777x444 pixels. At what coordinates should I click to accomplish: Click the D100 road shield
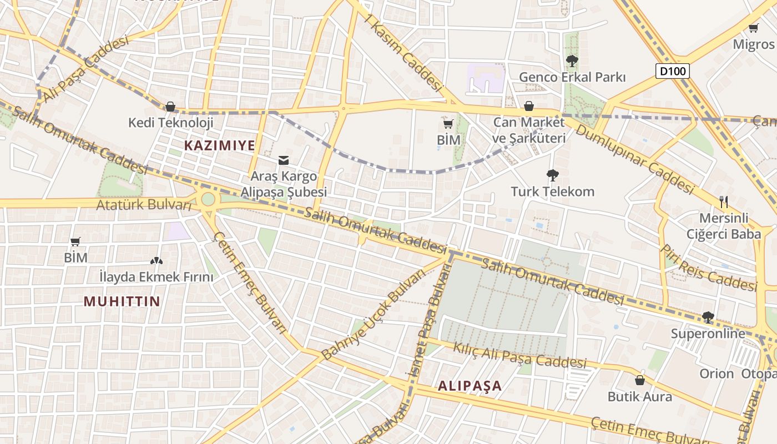tap(673, 71)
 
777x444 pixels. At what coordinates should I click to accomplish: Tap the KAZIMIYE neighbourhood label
tap(219, 145)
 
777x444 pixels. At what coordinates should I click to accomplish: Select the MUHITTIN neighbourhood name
tap(122, 301)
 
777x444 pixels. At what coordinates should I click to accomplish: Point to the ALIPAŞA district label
tap(470, 386)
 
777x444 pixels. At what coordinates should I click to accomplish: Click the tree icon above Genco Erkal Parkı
tap(572, 60)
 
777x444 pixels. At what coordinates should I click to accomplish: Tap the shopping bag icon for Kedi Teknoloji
tap(170, 106)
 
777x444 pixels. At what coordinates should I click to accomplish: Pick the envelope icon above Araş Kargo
tap(283, 160)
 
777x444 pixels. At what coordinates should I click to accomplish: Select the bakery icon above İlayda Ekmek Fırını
tap(156, 260)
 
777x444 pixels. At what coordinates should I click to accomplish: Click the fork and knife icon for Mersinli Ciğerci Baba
tap(723, 201)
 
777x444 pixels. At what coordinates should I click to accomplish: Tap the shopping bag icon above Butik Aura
tap(639, 380)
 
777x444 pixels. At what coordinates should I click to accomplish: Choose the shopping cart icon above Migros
tap(753, 28)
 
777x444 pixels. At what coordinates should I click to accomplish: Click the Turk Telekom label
tap(552, 192)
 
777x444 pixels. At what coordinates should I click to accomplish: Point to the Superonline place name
tap(708, 334)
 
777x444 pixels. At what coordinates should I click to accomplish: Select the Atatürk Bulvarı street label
tap(143, 205)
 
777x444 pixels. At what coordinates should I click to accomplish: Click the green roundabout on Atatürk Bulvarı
tap(208, 199)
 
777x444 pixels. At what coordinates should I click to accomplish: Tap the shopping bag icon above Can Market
tap(529, 106)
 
